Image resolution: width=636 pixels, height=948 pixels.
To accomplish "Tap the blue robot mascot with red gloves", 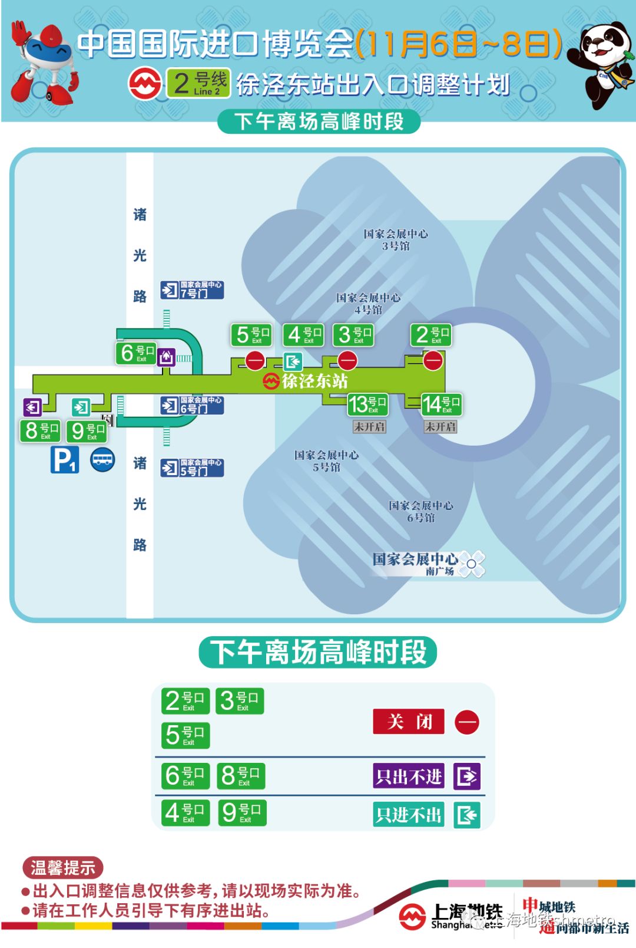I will click(x=44, y=62).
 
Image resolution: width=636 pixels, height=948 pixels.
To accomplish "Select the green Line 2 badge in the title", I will click(x=198, y=83).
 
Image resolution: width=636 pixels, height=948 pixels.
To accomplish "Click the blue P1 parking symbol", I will click(x=64, y=460).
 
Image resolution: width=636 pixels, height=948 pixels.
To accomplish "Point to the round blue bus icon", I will click(x=102, y=460).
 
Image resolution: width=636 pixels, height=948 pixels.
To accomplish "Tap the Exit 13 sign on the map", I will click(x=367, y=404).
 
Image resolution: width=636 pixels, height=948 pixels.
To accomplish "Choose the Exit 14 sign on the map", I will click(x=441, y=404).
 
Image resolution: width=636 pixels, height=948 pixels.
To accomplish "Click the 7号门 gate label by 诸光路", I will click(x=193, y=290).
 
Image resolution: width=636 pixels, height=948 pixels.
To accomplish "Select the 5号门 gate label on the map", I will click(x=193, y=468).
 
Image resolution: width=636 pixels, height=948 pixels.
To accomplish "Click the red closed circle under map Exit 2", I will click(x=433, y=360).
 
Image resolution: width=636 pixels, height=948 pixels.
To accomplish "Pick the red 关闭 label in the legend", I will click(x=409, y=722).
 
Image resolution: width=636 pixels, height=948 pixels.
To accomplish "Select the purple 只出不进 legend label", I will click(x=409, y=776).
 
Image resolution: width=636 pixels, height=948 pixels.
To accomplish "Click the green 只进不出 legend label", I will click(x=409, y=815).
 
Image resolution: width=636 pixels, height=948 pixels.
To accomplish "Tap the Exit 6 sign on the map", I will click(x=137, y=353).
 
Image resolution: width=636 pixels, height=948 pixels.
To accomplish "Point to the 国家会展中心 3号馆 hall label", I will click(x=395, y=240).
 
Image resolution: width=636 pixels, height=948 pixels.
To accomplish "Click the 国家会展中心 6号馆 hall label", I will click(x=420, y=512).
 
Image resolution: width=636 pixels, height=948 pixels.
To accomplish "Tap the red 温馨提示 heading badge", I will click(x=62, y=868).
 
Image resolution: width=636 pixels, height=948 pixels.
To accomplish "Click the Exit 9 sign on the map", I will click(x=87, y=431).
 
